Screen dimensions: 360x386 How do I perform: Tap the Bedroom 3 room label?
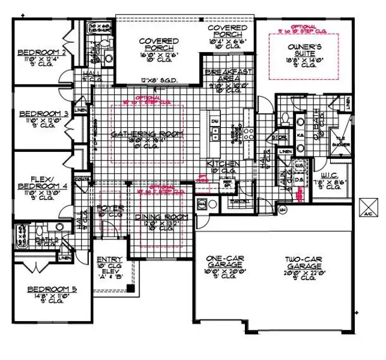pyautogui.click(x=42, y=113)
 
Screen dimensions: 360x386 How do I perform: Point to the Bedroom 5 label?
pyautogui.click(x=52, y=290)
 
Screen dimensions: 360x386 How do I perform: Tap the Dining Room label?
pyautogui.click(x=161, y=217)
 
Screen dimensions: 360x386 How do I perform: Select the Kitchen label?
pyautogui.click(x=223, y=164)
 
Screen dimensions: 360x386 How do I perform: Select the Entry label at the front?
pyautogui.click(x=109, y=259)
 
